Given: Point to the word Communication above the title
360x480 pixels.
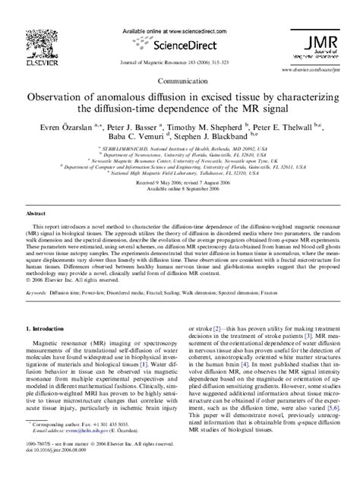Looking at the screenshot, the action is point(181,79).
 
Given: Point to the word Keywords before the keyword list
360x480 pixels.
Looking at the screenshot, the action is point(36,270).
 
